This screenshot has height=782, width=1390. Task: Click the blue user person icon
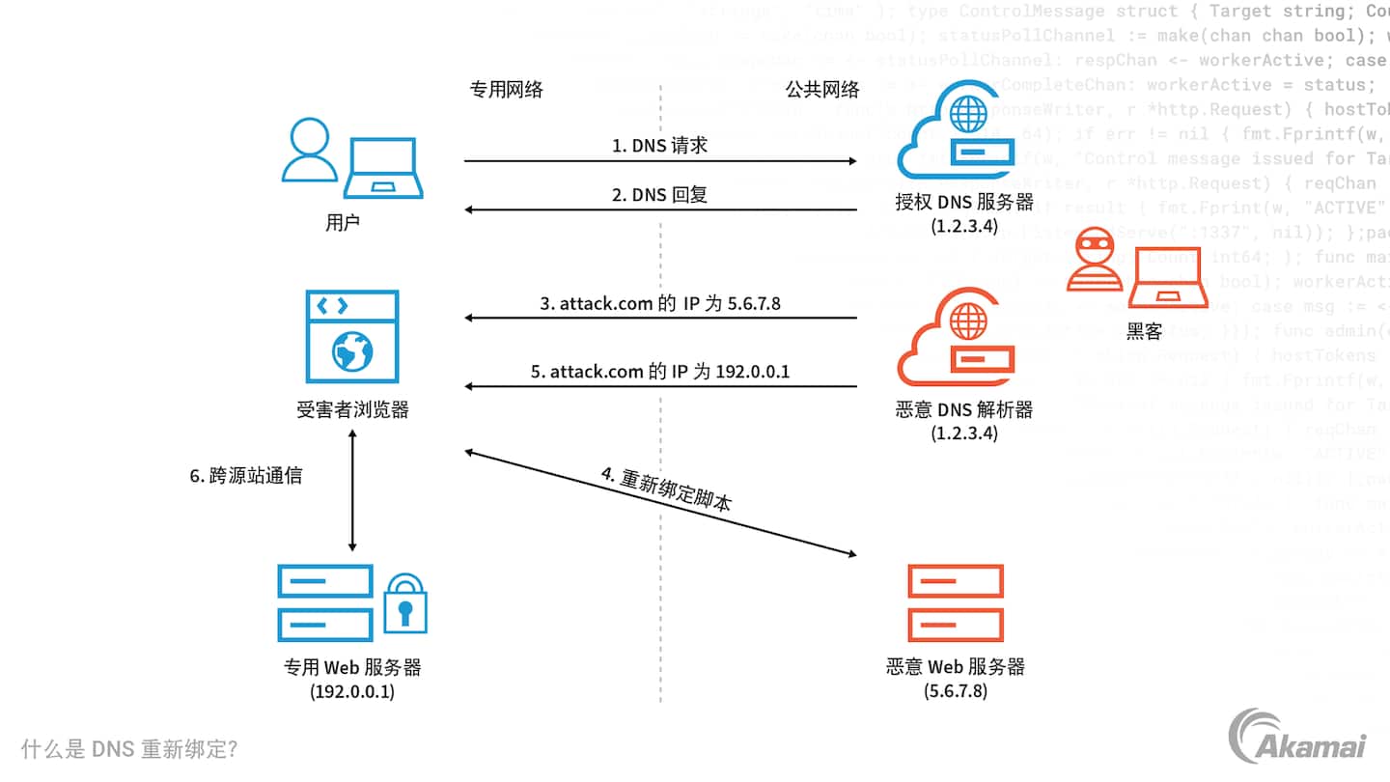tap(310, 152)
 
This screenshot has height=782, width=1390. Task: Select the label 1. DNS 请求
tap(660, 146)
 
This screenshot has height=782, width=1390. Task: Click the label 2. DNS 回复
tap(660, 194)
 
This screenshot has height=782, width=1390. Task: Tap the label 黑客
tap(1144, 332)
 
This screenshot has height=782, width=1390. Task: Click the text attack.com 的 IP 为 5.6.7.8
tap(660, 303)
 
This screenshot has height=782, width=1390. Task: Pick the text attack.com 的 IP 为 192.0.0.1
tap(660, 371)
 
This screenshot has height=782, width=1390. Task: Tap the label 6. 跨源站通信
tap(246, 476)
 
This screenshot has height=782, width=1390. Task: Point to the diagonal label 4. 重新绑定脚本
tap(666, 489)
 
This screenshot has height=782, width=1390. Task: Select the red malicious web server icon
tap(956, 603)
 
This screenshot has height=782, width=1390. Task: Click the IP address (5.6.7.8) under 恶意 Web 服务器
tap(956, 691)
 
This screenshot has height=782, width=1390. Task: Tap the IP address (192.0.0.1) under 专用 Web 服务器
tap(352, 691)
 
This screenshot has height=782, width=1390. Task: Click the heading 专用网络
tap(506, 90)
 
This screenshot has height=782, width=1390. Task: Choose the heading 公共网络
tap(822, 90)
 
